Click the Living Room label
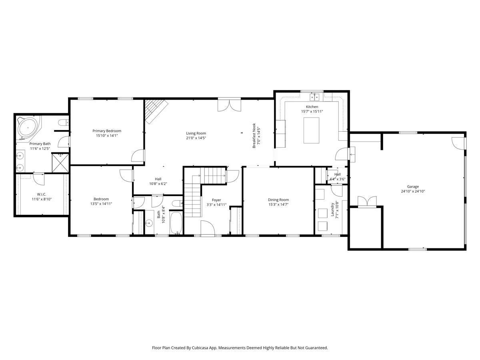click(x=196, y=133)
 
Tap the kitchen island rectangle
click(x=312, y=130)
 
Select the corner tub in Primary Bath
click(x=28, y=127)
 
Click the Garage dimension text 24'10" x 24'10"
click(x=413, y=191)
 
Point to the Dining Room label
click(x=278, y=200)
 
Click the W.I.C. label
click(x=42, y=194)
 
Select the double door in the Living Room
click(x=229, y=105)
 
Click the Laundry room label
click(x=332, y=209)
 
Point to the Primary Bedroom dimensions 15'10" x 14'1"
click(x=107, y=136)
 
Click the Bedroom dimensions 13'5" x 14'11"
click(x=101, y=204)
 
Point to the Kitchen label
click(x=312, y=107)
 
